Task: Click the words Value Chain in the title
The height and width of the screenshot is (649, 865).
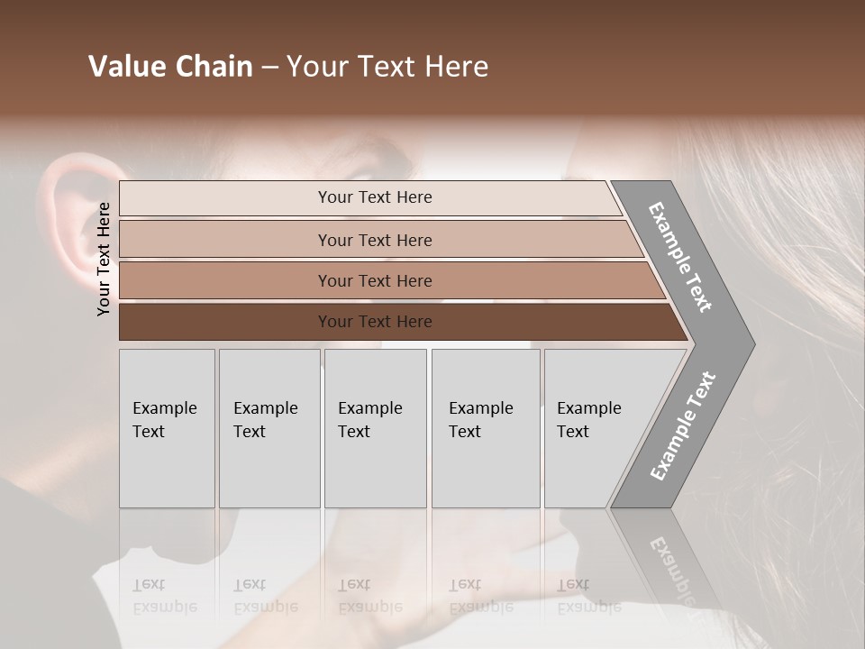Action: click(x=170, y=67)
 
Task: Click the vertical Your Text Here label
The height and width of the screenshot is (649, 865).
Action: click(x=105, y=259)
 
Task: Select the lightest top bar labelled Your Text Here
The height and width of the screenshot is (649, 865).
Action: click(x=374, y=197)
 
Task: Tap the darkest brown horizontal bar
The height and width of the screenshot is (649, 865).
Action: click(x=374, y=322)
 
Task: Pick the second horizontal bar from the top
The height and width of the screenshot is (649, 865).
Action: click(x=374, y=240)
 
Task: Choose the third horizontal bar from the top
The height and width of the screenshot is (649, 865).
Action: click(x=374, y=281)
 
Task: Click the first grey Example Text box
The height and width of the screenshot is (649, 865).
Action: click(x=167, y=428)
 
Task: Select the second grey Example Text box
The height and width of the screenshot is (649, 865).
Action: click(x=269, y=428)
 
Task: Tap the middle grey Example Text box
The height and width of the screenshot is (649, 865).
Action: click(x=375, y=428)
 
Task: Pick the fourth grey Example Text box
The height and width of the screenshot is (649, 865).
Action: click(x=486, y=428)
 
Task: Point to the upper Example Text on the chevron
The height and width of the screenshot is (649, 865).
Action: click(x=680, y=257)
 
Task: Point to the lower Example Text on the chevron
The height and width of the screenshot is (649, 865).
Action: click(x=682, y=425)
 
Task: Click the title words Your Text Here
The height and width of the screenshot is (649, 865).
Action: click(x=387, y=67)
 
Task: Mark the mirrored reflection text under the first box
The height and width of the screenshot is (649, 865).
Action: click(x=166, y=596)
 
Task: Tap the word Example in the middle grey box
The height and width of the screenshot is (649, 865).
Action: click(x=369, y=408)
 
